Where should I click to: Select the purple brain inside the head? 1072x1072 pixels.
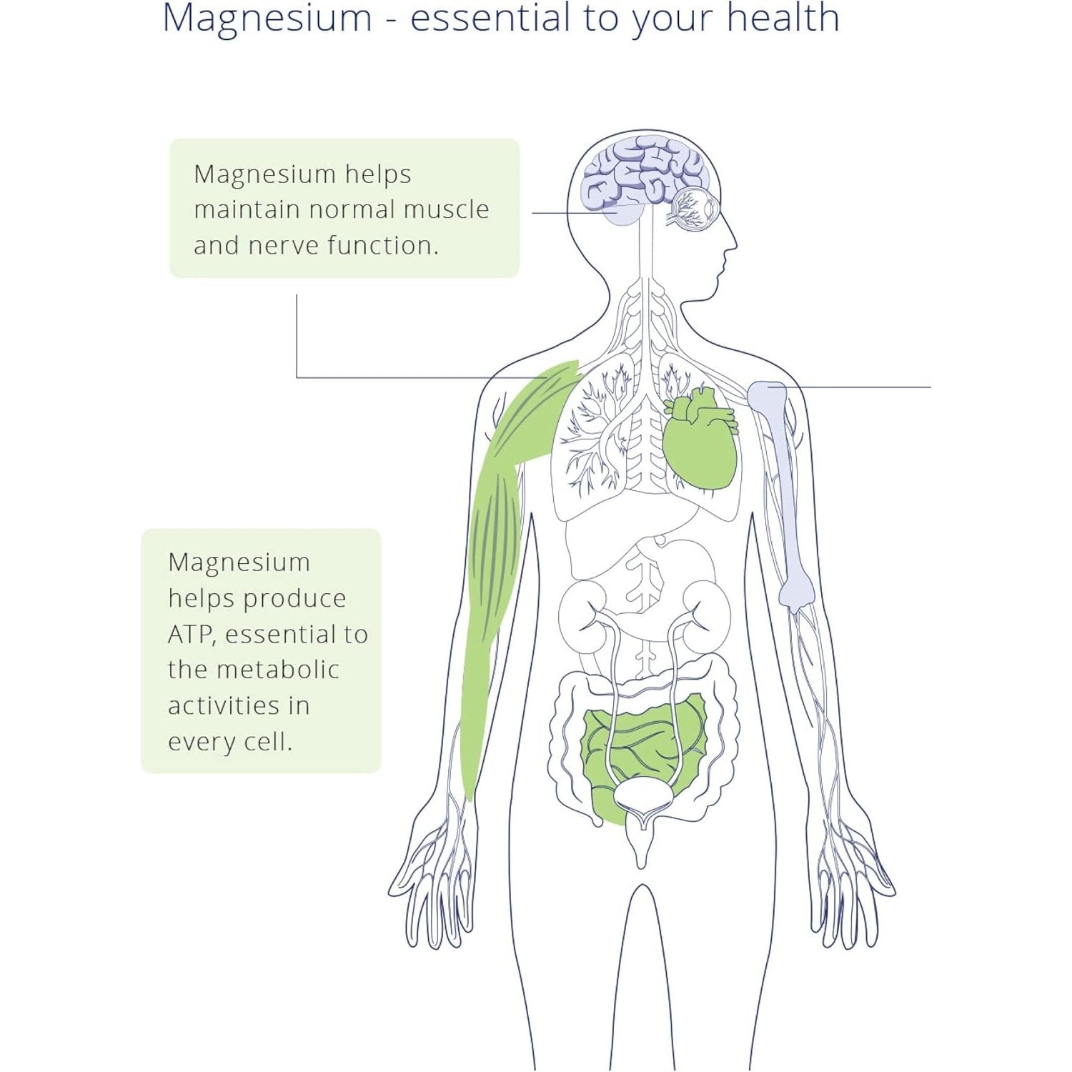coord(643,175)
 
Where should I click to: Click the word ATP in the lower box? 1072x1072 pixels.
coord(192,634)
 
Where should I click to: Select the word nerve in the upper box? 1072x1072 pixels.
coord(284,245)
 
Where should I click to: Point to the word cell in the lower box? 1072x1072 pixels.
coord(268,741)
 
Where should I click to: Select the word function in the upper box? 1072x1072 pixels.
coord(382,245)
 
